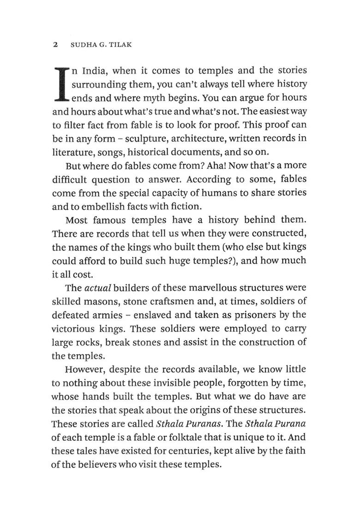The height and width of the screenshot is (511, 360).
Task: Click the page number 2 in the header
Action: pyautogui.click(x=55, y=45)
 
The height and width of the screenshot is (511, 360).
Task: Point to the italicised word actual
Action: pyautogui.click(x=96, y=288)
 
